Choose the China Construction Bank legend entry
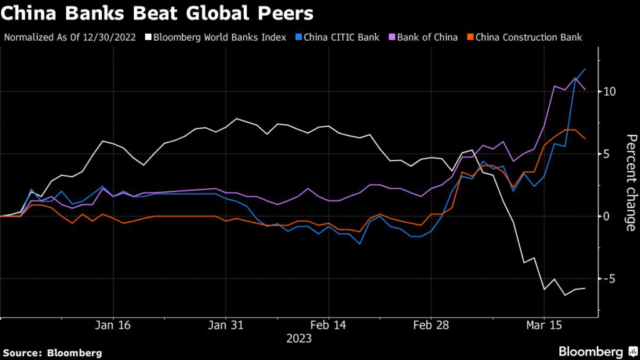point(529,37)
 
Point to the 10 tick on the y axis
point(609,91)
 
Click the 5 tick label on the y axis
point(607,154)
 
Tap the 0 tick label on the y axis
point(607,216)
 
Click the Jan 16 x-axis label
point(112,326)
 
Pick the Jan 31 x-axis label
point(225,326)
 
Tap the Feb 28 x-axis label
point(431,326)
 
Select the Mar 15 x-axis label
point(544,326)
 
